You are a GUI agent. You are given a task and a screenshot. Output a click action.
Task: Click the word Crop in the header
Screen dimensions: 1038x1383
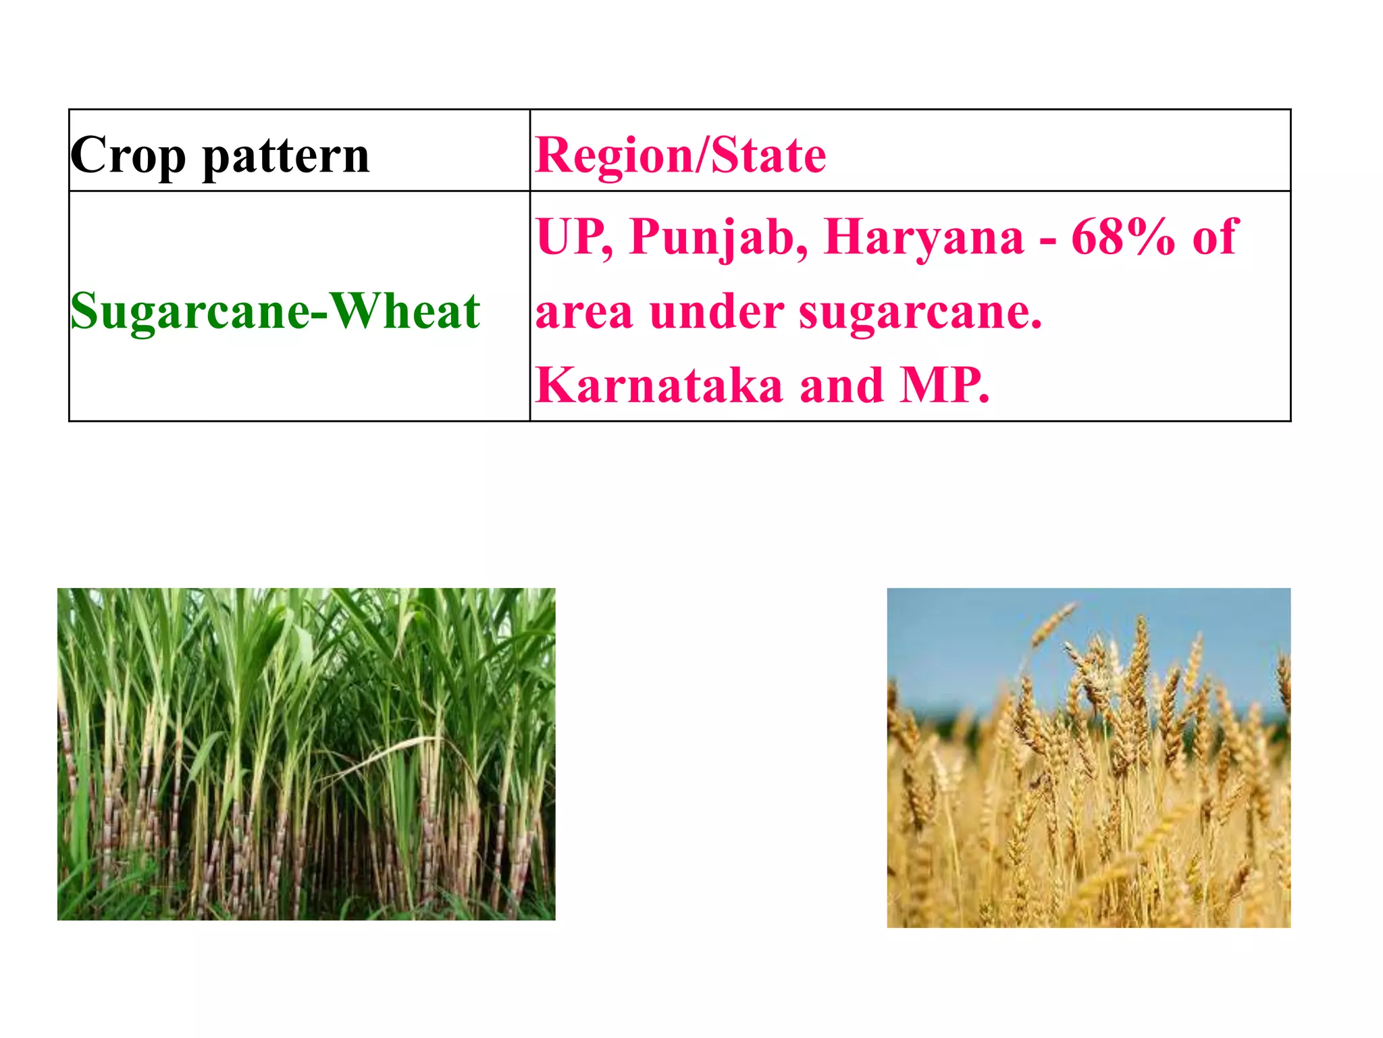pos(128,156)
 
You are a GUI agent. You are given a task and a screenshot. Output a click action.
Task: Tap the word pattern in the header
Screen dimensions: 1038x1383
pos(286,156)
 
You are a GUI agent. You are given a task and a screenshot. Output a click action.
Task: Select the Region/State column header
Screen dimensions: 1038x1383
pos(680,155)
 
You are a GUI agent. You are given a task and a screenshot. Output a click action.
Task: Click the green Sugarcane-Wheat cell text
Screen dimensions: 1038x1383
pos(275,312)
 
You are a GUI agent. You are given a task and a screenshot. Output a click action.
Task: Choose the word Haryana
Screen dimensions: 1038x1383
pos(924,238)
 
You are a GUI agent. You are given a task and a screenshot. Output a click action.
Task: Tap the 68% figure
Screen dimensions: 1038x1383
pos(1122,237)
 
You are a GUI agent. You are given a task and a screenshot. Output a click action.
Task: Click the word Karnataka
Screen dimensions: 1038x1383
pos(659,385)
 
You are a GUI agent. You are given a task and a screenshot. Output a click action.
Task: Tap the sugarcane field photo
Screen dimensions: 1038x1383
pos(306,753)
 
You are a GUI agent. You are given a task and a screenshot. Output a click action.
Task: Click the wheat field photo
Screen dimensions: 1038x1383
pos(1088,758)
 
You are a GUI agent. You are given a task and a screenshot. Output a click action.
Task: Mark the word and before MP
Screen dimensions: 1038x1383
pos(841,385)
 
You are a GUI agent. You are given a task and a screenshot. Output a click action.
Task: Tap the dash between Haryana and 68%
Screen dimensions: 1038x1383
pos(1048,241)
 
